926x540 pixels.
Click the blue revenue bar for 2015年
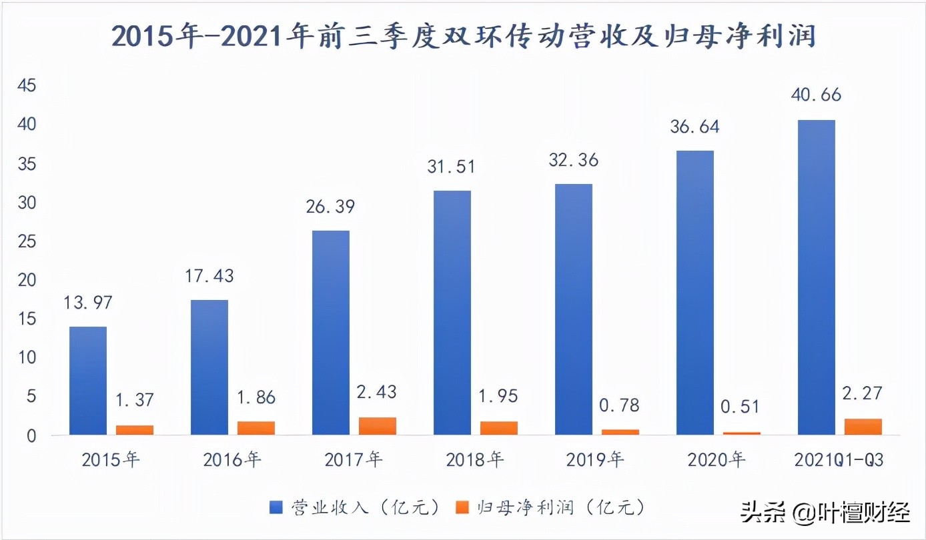pos(88,381)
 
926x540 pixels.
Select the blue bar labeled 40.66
pos(817,277)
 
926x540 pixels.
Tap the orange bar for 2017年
pos(378,426)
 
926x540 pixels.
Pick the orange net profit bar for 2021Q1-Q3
pos(863,427)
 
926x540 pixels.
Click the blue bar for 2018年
pos(452,313)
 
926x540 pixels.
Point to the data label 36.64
pos(695,127)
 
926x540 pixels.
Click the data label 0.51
pos(741,406)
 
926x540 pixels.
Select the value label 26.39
pos(331,206)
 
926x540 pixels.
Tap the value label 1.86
pos(256,397)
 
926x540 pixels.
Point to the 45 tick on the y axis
pos(30,86)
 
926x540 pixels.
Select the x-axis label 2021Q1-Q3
pos(839,460)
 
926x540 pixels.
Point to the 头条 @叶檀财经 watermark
pos(825,513)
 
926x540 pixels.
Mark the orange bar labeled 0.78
pos(620,431)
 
